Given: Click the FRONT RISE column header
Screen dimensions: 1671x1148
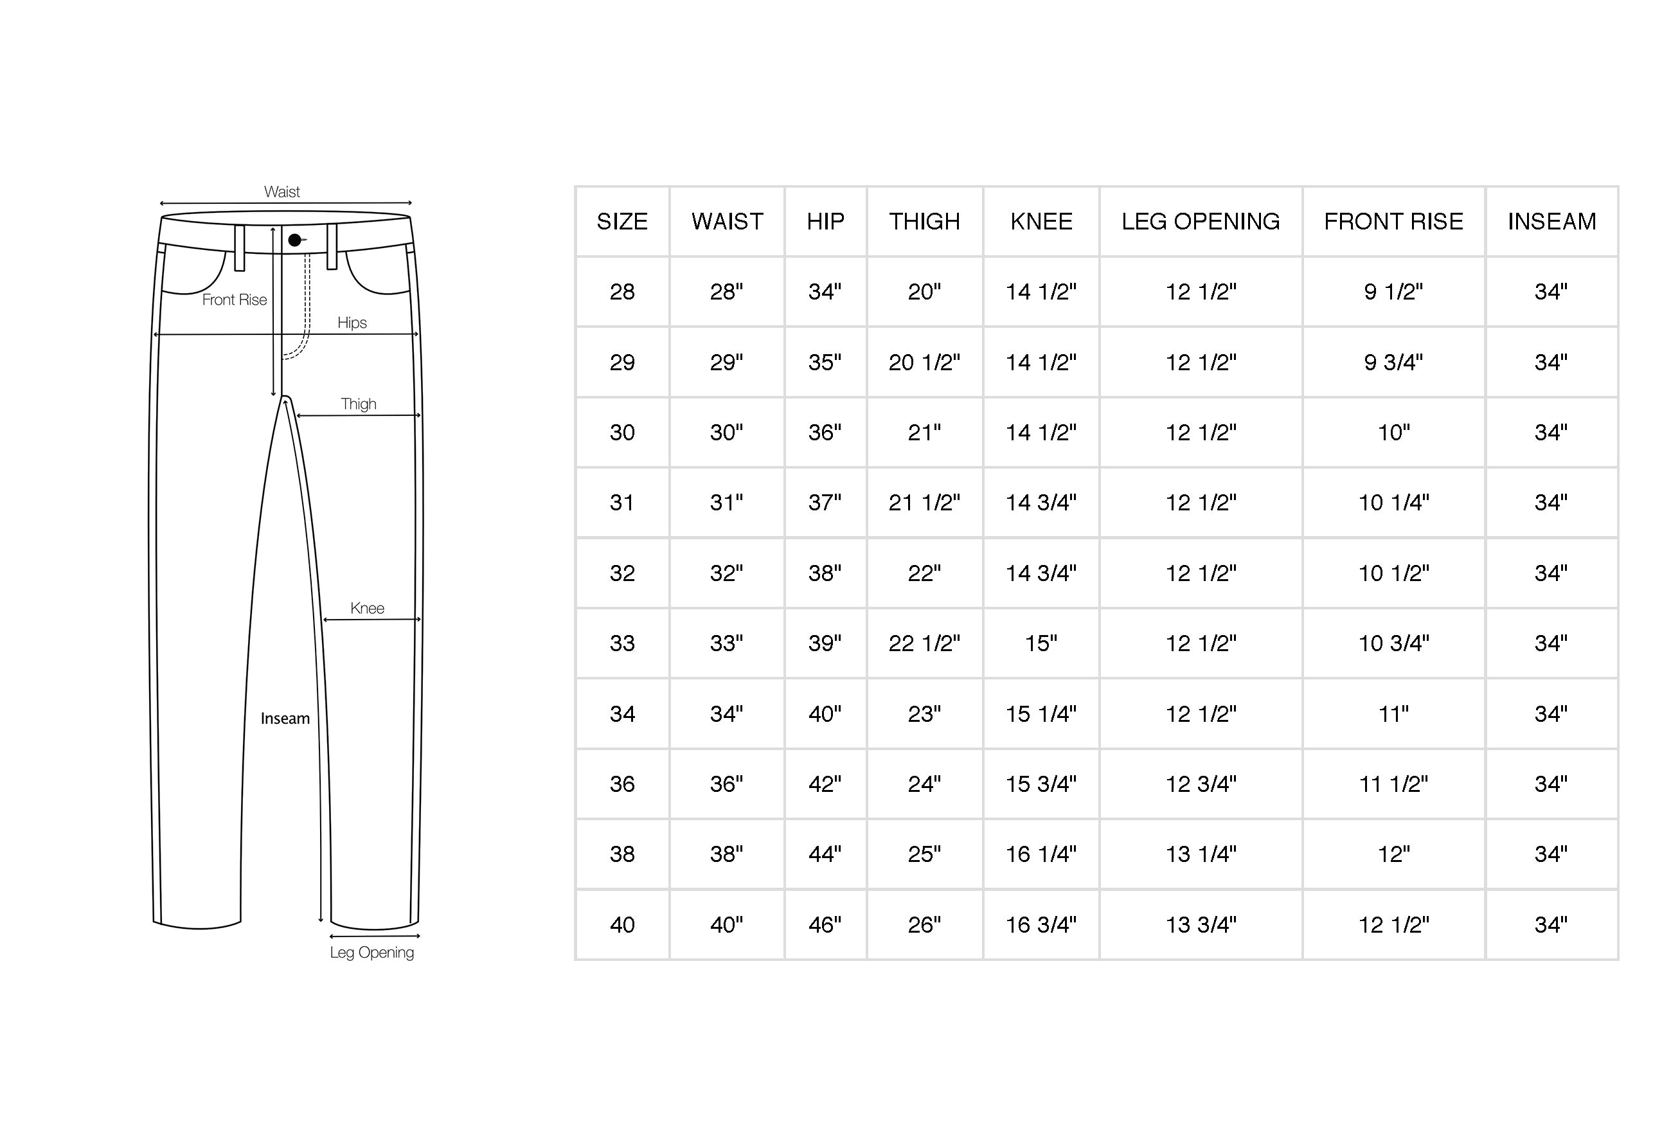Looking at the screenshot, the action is click(1393, 222).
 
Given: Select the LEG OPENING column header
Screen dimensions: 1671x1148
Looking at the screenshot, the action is click(1201, 222).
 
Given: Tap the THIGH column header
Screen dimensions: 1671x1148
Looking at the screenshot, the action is click(925, 222).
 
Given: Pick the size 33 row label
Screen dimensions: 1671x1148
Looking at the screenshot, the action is click(622, 643).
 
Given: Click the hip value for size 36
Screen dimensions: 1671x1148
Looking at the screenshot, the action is click(825, 784).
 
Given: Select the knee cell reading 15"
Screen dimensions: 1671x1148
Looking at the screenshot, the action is click(1041, 643).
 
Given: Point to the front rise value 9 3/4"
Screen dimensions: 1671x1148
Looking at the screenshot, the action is click(1393, 362).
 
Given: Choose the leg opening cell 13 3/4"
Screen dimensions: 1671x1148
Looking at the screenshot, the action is click(1201, 924).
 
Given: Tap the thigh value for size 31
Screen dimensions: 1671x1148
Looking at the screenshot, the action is click(925, 503).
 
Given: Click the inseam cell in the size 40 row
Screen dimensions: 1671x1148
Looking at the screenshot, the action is click(1551, 924).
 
